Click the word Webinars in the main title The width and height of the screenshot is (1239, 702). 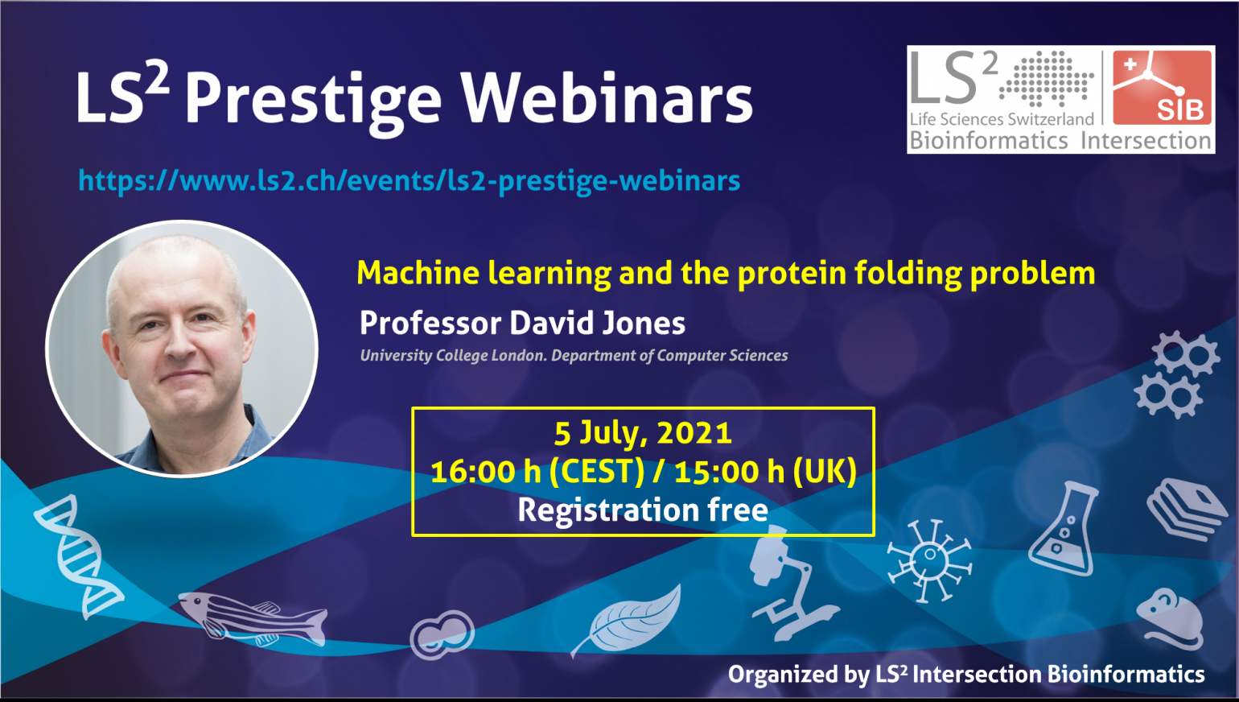click(607, 98)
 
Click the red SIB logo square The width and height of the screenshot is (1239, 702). click(1162, 88)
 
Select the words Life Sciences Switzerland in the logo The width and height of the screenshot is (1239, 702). click(1002, 119)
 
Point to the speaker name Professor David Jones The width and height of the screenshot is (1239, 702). click(522, 323)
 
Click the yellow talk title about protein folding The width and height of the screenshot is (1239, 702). click(726, 274)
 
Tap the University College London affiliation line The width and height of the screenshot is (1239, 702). click(574, 356)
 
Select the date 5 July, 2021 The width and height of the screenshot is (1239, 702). click(644, 433)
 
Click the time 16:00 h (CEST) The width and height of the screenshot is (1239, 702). click(537, 472)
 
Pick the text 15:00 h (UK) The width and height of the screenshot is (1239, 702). click(765, 472)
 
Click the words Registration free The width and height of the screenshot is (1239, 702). click(643, 510)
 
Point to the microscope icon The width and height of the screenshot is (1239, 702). click(788, 584)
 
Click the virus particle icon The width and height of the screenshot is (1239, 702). click(930, 560)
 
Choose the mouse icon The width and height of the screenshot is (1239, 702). click(1170, 619)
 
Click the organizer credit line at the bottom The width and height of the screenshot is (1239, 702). click(966, 675)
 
